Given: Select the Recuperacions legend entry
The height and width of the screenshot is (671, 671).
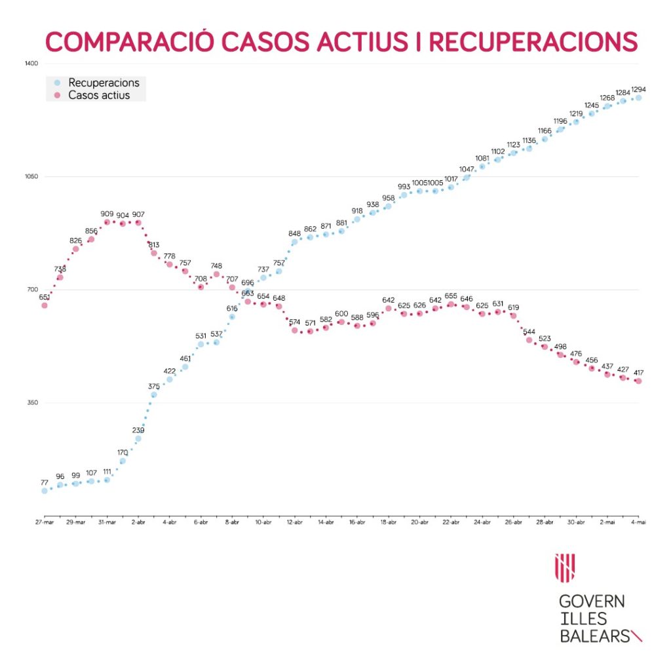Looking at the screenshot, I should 104,83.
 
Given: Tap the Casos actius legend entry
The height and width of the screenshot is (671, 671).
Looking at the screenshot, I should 99,96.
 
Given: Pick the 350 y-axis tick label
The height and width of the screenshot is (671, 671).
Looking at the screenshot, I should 33,403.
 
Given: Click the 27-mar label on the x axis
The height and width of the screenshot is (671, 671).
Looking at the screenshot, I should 45,522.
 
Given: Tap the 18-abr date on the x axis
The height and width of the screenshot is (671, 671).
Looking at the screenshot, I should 389,522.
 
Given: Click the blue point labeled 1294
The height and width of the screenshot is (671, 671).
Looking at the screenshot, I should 638,98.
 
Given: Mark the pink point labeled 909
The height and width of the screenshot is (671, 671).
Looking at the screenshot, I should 107,223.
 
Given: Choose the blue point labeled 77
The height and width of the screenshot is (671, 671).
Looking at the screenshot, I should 45,491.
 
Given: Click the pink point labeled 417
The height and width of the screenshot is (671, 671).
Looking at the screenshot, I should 638,381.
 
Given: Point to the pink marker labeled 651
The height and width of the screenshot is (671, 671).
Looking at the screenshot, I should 45,305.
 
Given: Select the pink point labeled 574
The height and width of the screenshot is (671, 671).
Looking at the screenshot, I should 295,330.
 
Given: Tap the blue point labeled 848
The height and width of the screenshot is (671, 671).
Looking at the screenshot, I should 295,242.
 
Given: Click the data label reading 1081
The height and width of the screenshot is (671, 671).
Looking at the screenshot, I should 482,158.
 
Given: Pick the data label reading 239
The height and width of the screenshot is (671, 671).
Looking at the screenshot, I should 138,430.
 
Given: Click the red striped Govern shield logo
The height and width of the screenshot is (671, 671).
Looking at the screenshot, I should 565,567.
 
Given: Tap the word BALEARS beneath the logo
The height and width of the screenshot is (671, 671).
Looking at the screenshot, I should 594,636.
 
